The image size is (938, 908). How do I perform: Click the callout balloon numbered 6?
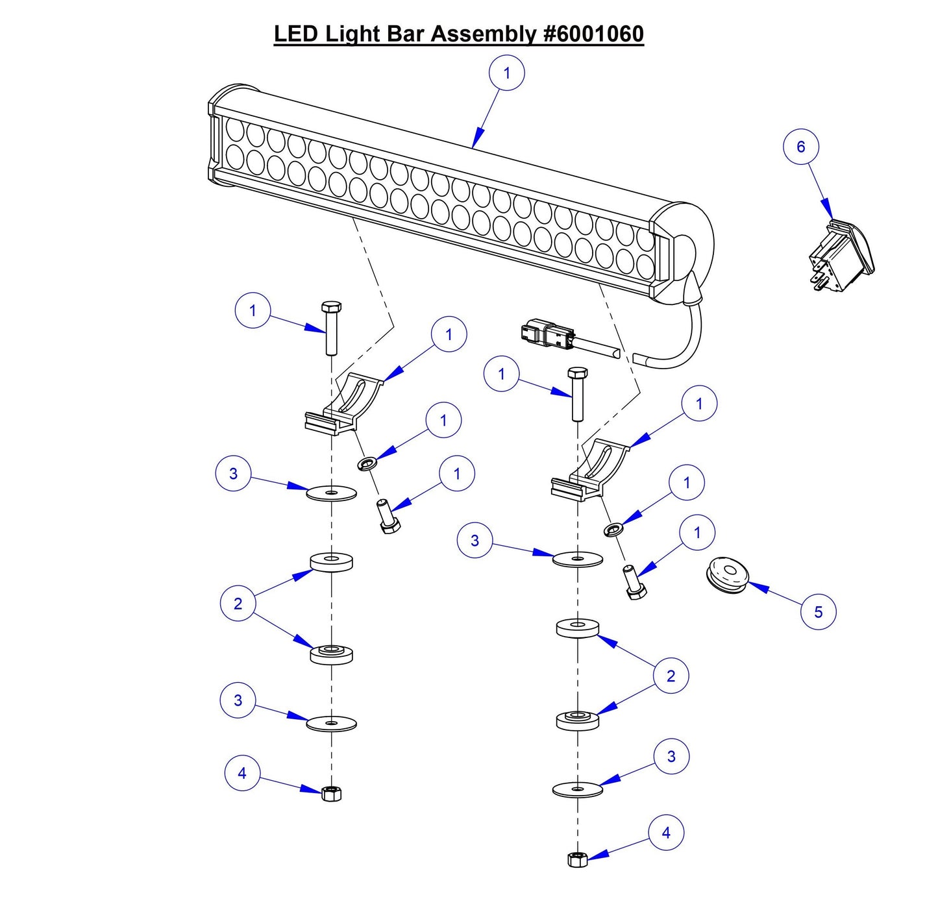(800, 147)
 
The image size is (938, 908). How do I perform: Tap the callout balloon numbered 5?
(818, 611)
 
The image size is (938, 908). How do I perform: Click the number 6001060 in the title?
(593, 34)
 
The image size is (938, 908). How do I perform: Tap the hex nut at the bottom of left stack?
(331, 792)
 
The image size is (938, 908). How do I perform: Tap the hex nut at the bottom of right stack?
(577, 859)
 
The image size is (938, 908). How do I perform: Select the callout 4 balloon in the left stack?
(242, 773)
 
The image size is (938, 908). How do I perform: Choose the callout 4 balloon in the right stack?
(666, 833)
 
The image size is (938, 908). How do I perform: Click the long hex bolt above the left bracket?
(331, 328)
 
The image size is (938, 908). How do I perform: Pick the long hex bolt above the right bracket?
(577, 393)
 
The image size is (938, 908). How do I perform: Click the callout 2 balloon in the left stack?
(238, 604)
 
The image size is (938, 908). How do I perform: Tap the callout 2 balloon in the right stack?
(671, 676)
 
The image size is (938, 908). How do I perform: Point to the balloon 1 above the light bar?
(506, 73)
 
